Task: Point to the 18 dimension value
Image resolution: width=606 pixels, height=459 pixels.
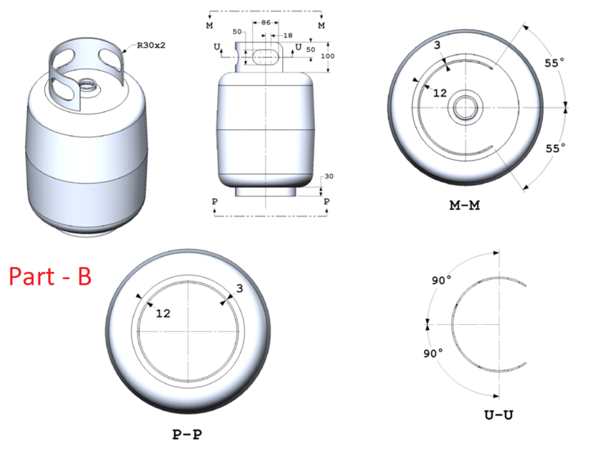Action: (288, 35)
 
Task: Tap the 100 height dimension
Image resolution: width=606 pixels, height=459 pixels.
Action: (328, 56)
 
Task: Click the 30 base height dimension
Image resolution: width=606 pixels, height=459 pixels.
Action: (329, 176)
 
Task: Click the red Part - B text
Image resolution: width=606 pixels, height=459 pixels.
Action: (50, 277)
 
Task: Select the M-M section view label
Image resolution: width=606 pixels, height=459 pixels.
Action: (464, 206)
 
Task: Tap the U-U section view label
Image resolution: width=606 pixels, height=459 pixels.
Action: (497, 415)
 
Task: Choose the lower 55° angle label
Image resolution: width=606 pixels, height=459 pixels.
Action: (554, 148)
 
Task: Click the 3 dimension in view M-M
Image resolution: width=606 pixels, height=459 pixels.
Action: (436, 46)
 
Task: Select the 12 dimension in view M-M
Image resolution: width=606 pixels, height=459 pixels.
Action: (440, 93)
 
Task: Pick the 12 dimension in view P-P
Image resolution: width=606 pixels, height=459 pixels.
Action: (164, 313)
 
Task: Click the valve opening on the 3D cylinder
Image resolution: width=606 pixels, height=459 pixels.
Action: (90, 84)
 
